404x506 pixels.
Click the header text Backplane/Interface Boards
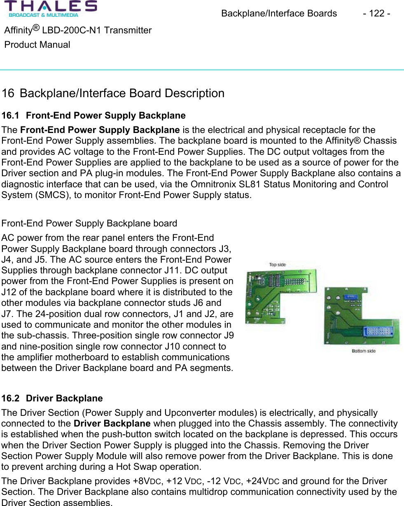pyautogui.click(x=279, y=14)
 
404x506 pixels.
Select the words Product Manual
pyautogui.click(x=37, y=44)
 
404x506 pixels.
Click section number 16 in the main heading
pyautogui.click(x=7, y=93)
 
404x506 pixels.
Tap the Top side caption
pyautogui.click(x=277, y=264)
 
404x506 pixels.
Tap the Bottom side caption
pyautogui.click(x=363, y=351)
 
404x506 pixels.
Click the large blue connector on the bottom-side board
pyautogui.click(x=378, y=332)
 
